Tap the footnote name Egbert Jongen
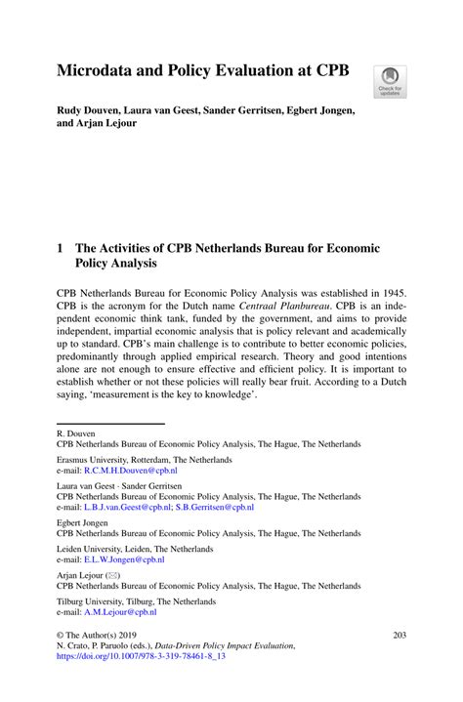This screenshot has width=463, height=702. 85,522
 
